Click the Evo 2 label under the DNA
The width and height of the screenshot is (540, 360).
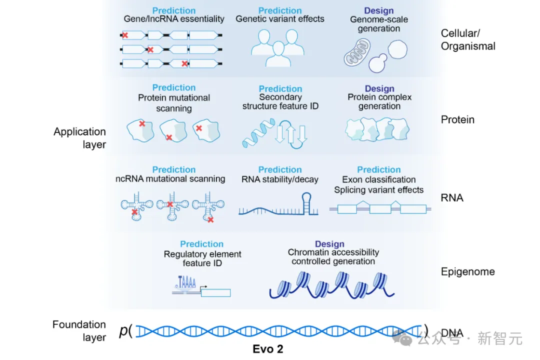(x=268, y=348)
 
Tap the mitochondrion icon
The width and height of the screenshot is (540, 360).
(x=357, y=52)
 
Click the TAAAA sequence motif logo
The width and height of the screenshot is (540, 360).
(x=185, y=283)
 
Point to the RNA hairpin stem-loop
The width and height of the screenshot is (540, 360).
(x=306, y=203)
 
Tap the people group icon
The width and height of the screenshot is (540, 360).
(x=277, y=48)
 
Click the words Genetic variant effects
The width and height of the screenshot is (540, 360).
(x=280, y=18)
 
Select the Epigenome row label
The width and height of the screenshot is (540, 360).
(x=467, y=271)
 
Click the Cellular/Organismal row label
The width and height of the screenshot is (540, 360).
(x=468, y=39)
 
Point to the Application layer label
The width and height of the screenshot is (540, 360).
(x=79, y=138)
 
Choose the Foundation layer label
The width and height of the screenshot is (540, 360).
(x=79, y=330)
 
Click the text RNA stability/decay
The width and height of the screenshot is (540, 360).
(x=280, y=179)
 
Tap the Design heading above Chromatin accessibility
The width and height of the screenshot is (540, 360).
(x=329, y=243)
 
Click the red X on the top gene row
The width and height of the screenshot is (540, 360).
(x=125, y=35)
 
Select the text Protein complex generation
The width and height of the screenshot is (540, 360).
(x=379, y=101)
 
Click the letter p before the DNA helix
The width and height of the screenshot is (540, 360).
(x=123, y=330)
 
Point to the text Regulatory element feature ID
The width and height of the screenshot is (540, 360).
(x=202, y=258)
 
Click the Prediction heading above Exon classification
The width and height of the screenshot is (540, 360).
(x=379, y=169)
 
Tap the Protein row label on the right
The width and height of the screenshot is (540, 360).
(x=457, y=119)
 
